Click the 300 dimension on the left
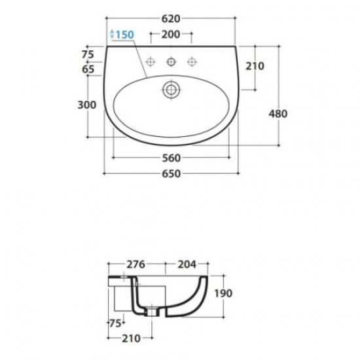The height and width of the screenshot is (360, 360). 87,105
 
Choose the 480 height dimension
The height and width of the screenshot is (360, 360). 278,113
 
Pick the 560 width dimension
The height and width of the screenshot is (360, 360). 171,158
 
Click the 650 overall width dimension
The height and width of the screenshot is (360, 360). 171,173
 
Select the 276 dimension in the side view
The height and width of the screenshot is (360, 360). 135,265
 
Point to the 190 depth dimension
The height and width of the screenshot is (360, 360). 223,294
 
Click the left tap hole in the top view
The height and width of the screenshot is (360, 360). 150,62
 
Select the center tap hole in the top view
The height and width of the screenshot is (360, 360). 171,62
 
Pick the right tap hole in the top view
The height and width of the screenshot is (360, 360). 192,62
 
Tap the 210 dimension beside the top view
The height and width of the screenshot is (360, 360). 255,65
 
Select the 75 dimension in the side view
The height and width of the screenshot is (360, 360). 114,323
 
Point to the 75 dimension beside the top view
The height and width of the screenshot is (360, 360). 88,54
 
